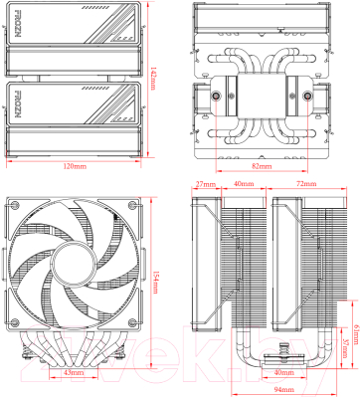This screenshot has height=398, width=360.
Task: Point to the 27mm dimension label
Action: coord(206,185)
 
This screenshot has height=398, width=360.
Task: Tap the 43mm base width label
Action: coord(72,372)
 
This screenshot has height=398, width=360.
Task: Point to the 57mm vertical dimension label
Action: coord(343,348)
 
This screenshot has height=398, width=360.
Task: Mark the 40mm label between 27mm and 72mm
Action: coord(244,185)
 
